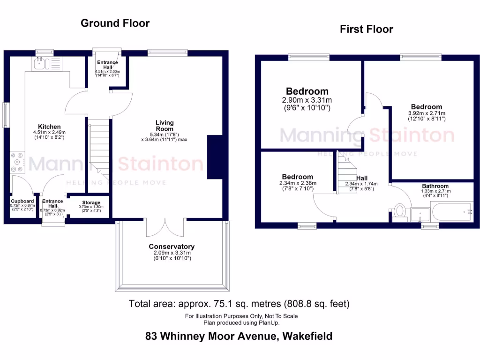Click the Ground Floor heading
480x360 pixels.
(x=115, y=23)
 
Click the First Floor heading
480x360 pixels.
(x=367, y=30)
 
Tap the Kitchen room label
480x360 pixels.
(x=50, y=127)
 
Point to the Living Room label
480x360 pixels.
(x=165, y=126)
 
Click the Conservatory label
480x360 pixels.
(x=172, y=247)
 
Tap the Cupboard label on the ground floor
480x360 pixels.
(x=22, y=201)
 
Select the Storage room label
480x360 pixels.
(x=91, y=202)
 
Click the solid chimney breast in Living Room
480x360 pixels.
(x=215, y=157)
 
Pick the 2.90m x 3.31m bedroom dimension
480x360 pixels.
(x=307, y=100)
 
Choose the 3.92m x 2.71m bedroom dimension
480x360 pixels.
(x=426, y=113)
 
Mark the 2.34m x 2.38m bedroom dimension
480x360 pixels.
(x=298, y=183)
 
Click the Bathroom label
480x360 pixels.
(x=435, y=186)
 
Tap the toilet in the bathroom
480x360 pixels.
(x=399, y=211)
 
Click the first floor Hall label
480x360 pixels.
(x=362, y=178)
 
